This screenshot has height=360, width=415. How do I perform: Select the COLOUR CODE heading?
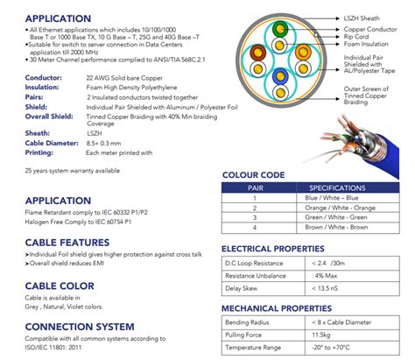(254, 174)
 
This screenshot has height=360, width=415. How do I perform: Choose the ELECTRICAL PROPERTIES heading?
(273, 249)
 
